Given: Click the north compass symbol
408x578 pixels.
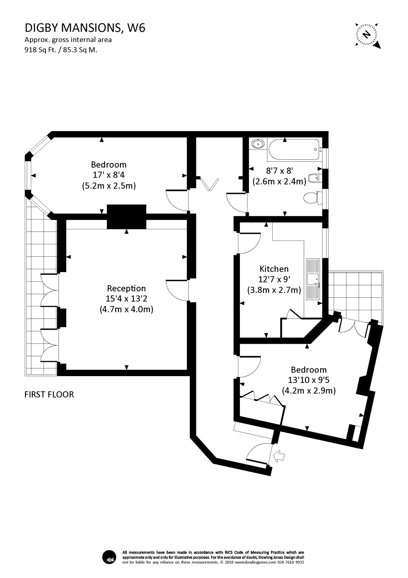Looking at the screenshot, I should click(369, 35).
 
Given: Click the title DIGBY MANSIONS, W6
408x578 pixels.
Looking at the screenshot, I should click(85, 28).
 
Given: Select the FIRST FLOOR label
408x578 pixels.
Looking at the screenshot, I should click(49, 394).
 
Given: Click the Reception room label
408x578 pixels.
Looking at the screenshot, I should click(126, 288).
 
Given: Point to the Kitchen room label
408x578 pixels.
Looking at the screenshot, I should click(274, 269).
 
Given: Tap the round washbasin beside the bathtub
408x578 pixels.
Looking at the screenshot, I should click(257, 144).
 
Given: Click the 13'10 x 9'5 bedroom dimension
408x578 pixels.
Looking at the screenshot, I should click(309, 380).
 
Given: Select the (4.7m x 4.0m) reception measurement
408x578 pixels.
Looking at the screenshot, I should click(126, 309).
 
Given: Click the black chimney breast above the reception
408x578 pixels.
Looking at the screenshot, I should click(126, 217).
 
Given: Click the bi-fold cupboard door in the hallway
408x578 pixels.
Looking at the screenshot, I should click(209, 184).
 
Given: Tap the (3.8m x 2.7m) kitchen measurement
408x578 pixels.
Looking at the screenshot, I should click(274, 290).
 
